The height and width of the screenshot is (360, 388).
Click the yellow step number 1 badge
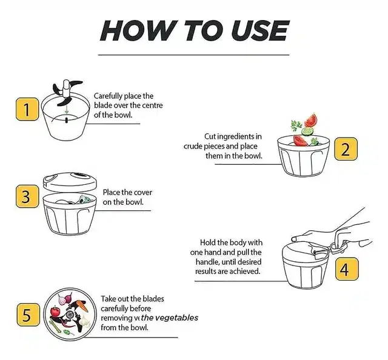click(27, 109)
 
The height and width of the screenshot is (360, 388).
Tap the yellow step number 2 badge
click(346, 149)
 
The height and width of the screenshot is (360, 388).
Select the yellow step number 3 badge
click(27, 196)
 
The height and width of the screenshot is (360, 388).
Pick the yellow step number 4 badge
click(347, 269)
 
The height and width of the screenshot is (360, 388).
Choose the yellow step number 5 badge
click(28, 315)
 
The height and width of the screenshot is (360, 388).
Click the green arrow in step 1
click(66, 110)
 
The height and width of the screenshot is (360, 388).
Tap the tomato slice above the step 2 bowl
click(311, 120)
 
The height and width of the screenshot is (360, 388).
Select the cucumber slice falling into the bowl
click(308, 131)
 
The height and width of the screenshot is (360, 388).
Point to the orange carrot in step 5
click(82, 305)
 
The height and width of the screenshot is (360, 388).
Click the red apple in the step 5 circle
click(55, 312)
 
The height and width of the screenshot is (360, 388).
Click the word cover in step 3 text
click(143, 193)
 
